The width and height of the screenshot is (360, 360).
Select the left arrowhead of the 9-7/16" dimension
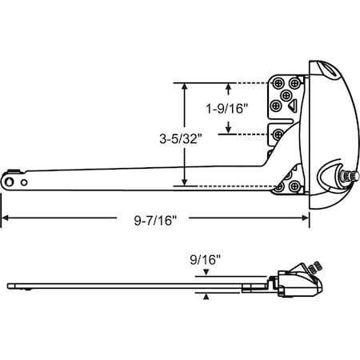tap(4, 220)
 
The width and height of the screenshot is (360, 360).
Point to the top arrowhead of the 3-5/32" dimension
tap(186, 85)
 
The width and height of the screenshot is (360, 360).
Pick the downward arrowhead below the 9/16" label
tap(206, 274)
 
